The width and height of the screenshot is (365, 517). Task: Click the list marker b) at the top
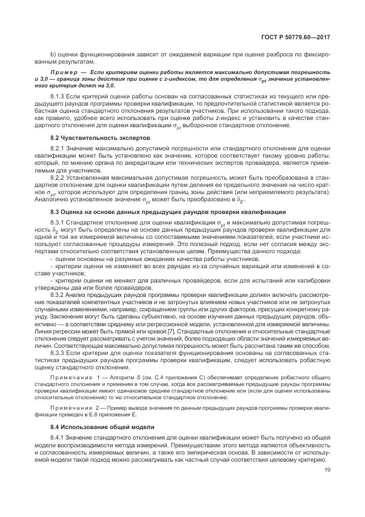(x=53, y=56)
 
